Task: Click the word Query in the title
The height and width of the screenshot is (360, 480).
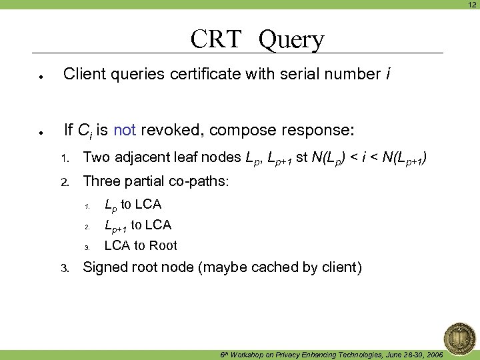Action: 291,41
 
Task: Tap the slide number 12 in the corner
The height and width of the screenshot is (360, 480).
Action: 471,5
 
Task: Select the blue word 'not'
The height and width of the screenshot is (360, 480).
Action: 125,129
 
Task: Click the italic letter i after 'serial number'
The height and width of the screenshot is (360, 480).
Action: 388,74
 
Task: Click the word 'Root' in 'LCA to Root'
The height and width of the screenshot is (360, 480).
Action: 163,245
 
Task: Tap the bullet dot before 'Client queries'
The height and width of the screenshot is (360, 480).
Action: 41,76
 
